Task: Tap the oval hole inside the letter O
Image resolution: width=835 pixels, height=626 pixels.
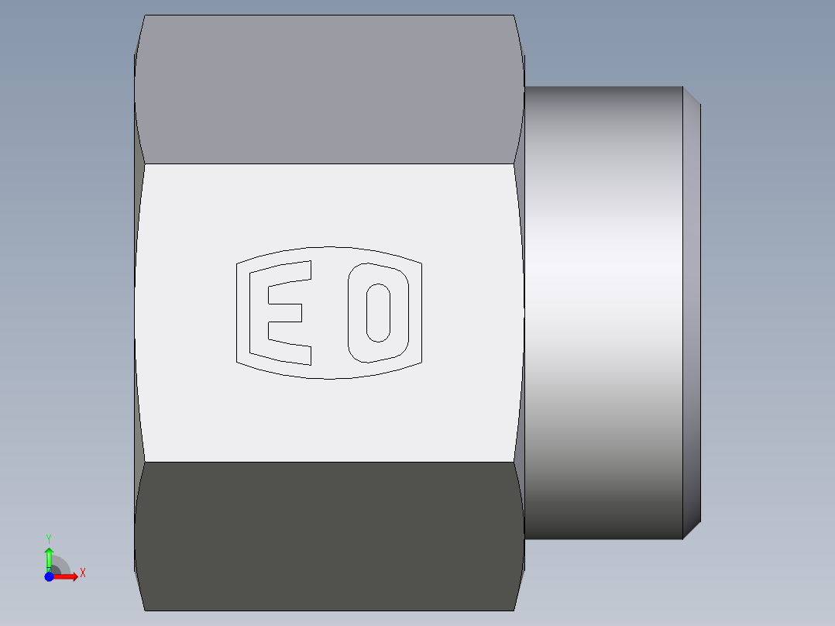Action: pyautogui.click(x=377, y=312)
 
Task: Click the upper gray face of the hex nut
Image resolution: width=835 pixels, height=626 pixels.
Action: pyautogui.click(x=329, y=89)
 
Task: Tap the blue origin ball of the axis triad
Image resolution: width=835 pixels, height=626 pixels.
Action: pyautogui.click(x=49, y=576)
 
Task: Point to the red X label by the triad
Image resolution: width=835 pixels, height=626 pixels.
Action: pyautogui.click(x=83, y=573)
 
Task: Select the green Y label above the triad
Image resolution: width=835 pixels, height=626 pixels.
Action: pyautogui.click(x=49, y=538)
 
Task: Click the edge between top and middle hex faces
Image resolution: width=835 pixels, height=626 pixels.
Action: pyautogui.click(x=329, y=163)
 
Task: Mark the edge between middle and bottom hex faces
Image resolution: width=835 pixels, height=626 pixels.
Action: pyautogui.click(x=329, y=463)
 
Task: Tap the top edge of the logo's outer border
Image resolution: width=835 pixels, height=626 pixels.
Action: pyautogui.click(x=329, y=248)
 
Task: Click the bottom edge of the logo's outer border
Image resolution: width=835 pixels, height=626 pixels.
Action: pyautogui.click(x=329, y=378)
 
